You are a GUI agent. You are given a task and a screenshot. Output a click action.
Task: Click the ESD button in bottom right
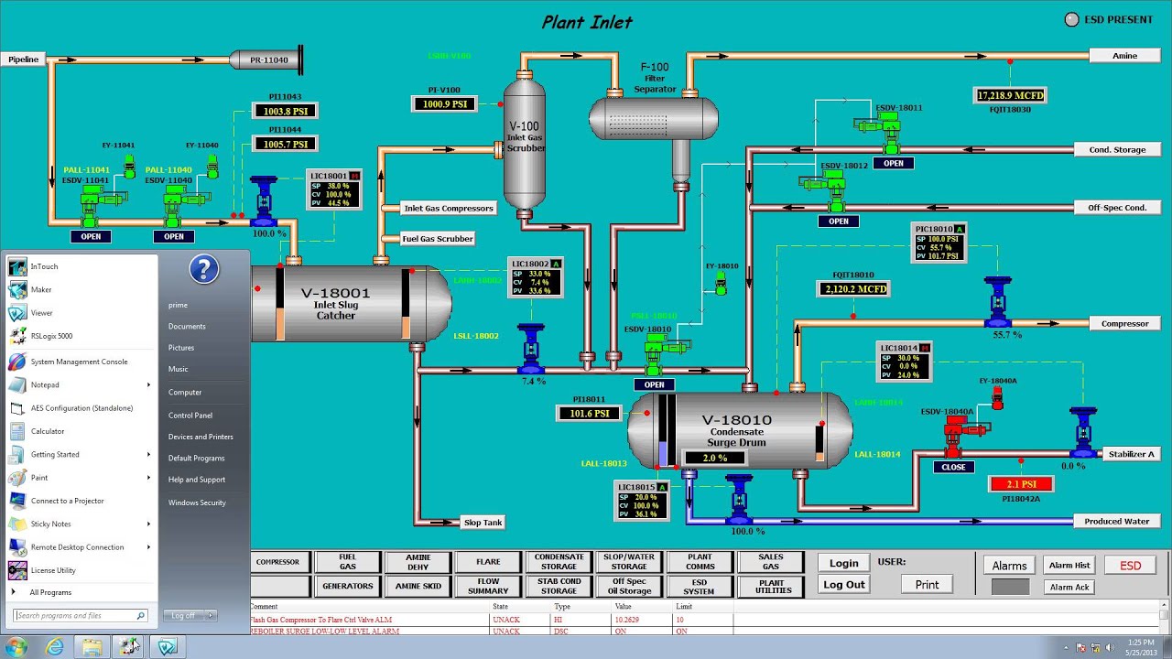[x=1130, y=566]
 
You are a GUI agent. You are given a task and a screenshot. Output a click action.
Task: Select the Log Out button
[x=843, y=585]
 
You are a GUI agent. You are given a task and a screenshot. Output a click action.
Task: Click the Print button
[x=927, y=585]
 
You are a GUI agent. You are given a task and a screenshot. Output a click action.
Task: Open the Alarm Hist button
[x=1069, y=566]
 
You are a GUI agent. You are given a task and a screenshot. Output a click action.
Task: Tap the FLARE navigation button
[x=488, y=562]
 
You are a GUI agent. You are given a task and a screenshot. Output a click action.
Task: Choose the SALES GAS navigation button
[x=772, y=562]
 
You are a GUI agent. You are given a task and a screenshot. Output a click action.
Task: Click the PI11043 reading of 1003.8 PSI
[x=286, y=111]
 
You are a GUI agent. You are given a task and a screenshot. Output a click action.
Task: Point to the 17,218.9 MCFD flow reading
[x=1010, y=95]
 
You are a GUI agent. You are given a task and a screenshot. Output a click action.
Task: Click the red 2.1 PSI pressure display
[x=1021, y=484]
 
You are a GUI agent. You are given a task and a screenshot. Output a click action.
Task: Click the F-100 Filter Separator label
[x=655, y=78]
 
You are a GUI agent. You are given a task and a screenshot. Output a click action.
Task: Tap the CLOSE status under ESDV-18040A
[x=953, y=467]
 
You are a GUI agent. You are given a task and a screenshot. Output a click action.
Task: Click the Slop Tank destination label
[x=483, y=523]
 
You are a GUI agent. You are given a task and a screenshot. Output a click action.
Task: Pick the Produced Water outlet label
[x=1116, y=522]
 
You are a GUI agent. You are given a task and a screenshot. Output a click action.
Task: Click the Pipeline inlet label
[x=24, y=59]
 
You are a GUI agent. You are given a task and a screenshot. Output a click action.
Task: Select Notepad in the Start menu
[x=45, y=385]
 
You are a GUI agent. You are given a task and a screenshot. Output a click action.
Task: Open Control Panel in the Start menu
[x=190, y=416]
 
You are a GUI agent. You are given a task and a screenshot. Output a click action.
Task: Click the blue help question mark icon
[x=204, y=269]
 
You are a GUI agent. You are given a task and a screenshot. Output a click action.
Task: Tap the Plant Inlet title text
[x=587, y=22]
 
